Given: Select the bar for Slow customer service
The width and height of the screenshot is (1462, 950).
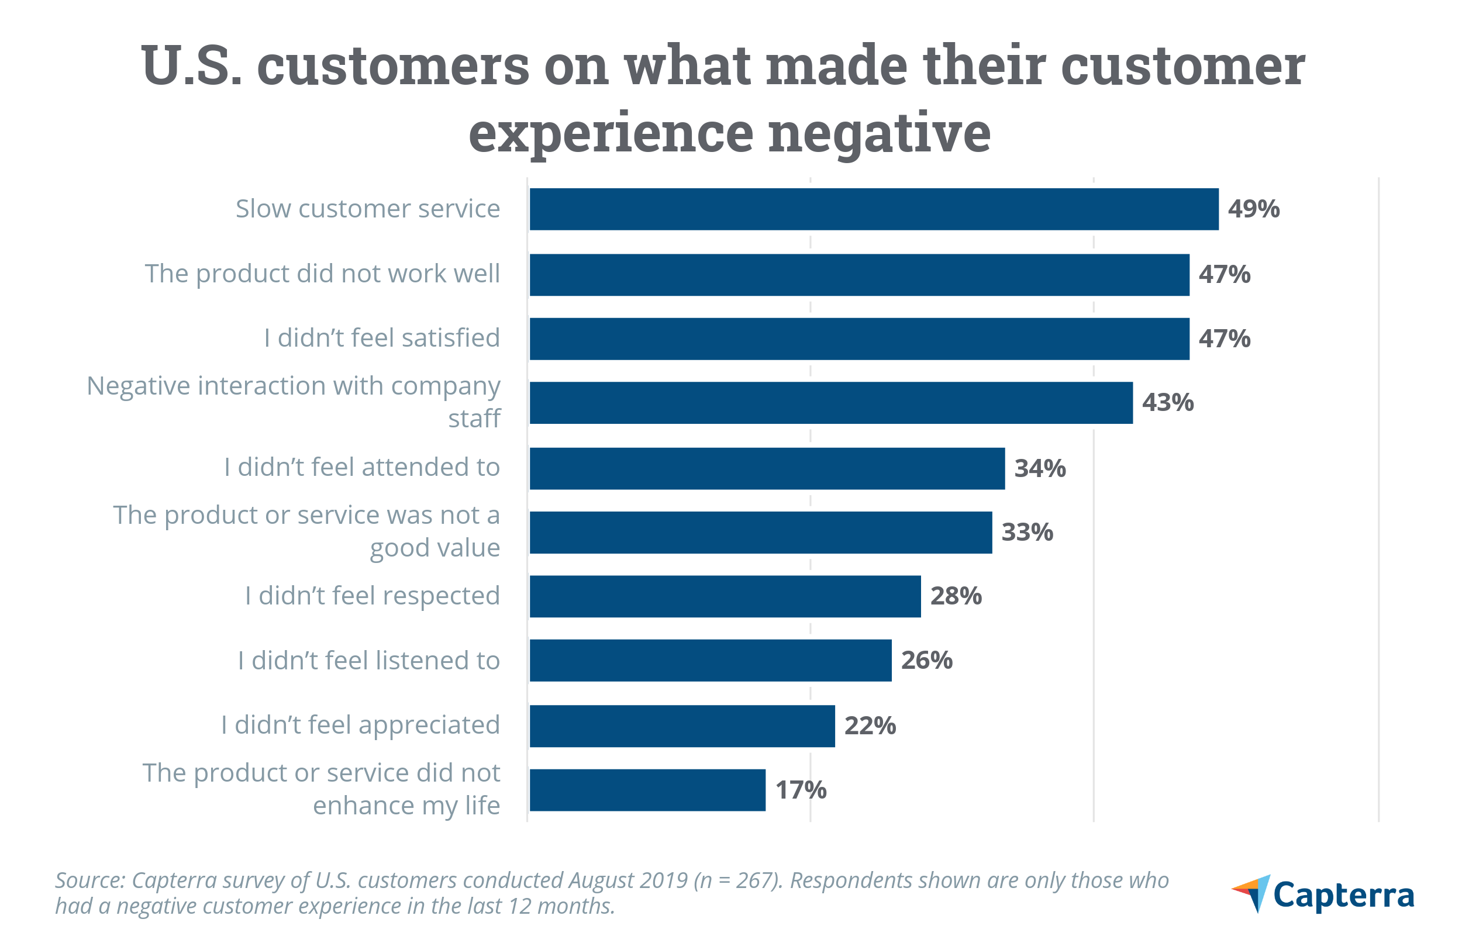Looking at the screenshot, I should [x=874, y=209].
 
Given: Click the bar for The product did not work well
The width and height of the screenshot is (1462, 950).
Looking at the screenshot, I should [x=858, y=275].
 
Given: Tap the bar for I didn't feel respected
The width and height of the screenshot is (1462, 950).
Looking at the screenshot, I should [x=725, y=596].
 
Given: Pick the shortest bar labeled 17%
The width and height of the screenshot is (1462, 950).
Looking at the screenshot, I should [x=647, y=790].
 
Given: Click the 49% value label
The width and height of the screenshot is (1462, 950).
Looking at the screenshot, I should [x=1253, y=209].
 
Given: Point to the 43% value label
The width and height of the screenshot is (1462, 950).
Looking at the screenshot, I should [x=1167, y=403].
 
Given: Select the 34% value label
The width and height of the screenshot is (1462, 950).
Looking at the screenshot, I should [x=1039, y=468].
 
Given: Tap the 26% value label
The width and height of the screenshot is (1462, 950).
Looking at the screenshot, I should [x=926, y=660].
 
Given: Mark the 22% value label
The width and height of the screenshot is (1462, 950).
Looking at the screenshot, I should [x=870, y=726].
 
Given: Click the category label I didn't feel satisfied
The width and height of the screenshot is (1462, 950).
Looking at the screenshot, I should [x=381, y=338].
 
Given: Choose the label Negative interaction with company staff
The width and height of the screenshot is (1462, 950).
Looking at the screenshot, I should [x=294, y=402].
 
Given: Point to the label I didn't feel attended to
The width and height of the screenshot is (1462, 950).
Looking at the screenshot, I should [x=362, y=467].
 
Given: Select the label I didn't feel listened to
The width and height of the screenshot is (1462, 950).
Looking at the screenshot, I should [x=368, y=661].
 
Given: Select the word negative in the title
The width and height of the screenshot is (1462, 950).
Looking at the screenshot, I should [x=879, y=133].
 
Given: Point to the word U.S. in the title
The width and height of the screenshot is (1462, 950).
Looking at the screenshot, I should [x=192, y=65].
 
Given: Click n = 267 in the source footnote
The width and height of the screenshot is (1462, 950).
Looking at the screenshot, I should [x=738, y=880].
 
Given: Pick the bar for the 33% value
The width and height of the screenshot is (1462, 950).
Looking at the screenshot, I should [x=760, y=533].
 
